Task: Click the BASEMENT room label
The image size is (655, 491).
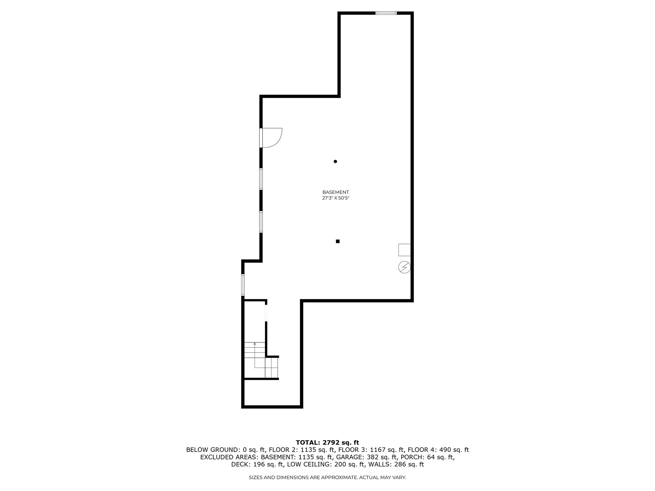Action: (335, 192)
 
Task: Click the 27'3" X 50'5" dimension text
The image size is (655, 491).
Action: (335, 198)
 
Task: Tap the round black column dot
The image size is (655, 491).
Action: (335, 161)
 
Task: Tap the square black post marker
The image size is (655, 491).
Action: (337, 241)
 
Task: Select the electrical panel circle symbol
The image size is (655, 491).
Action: (404, 267)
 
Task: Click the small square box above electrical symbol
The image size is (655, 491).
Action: (404, 250)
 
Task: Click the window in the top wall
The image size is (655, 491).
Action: (386, 13)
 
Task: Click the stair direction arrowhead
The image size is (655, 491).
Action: (255, 344)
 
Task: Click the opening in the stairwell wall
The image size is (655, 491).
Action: (266, 313)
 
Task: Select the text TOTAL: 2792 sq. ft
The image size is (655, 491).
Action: (327, 442)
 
